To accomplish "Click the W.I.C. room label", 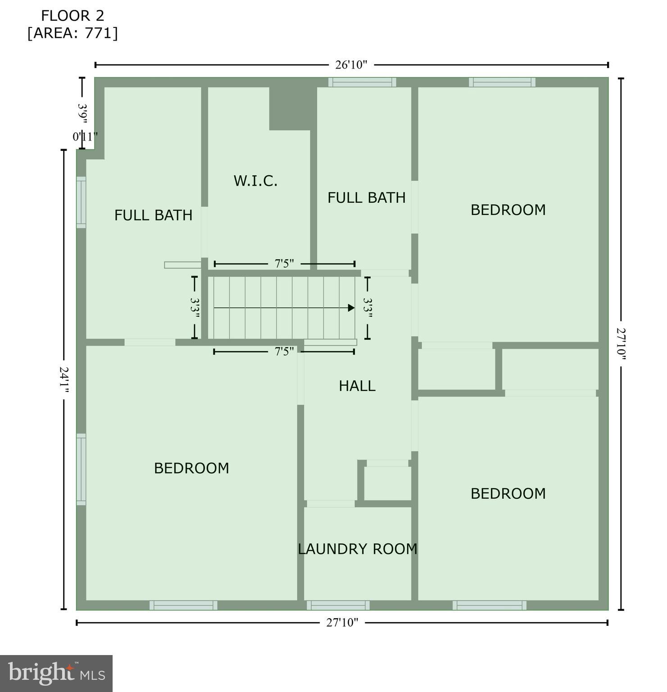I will point(255,181).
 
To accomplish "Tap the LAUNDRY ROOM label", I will point(357,549).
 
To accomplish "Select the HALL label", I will point(357,386).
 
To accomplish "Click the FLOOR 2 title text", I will point(73,16).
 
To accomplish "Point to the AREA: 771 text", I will point(73,33).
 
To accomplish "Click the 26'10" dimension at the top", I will point(351,65).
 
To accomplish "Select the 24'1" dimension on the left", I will point(64,380).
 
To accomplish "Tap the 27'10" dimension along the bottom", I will point(342,623).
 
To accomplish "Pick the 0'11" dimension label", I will point(85,137).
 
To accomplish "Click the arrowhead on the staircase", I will point(351,308).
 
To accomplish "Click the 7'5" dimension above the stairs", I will point(284,264).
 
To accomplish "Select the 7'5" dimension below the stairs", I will point(284,351).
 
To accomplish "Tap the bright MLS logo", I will point(56,673).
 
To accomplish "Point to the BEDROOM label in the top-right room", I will point(508,209).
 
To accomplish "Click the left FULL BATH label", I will point(153,215).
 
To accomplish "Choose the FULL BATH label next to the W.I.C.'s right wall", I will point(366,198).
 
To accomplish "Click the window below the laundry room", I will point(338,605).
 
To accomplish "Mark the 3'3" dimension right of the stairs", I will point(368,308).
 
